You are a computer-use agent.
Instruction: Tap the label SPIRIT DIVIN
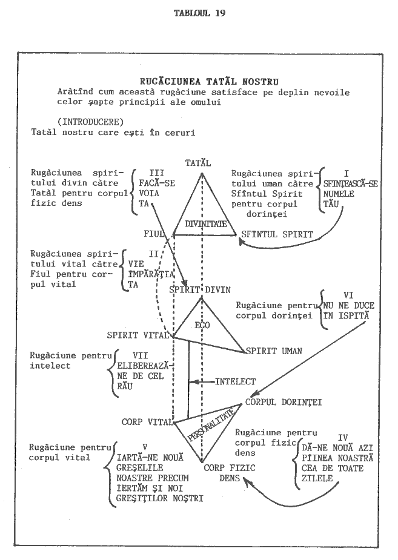coord(201,289)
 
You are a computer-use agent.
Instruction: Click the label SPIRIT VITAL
coord(139,335)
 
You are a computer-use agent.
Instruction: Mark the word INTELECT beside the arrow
coord(236,382)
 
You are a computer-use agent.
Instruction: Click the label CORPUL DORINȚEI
coord(284,401)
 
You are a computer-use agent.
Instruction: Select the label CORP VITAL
coord(143,421)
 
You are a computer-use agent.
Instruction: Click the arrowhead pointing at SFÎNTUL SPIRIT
coord(241,242)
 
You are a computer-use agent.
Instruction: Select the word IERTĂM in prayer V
coord(134,488)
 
